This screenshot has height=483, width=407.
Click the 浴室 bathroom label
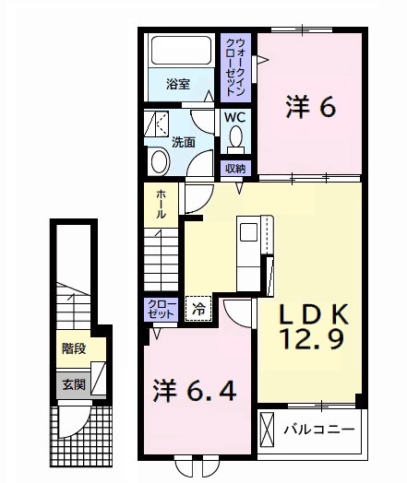click(x=178, y=84)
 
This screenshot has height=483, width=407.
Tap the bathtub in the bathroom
click(x=182, y=51)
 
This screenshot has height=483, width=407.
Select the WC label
click(x=235, y=117)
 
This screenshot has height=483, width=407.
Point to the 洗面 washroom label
click(x=183, y=142)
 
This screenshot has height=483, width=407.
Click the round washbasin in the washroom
click(x=160, y=161)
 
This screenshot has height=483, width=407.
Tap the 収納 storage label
click(x=235, y=169)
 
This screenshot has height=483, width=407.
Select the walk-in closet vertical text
click(x=235, y=67)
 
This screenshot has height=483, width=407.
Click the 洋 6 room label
click(x=310, y=107)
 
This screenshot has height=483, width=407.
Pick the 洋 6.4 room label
click(x=195, y=391)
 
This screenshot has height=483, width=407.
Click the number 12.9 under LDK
click(x=311, y=338)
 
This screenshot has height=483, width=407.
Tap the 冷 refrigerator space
click(x=198, y=309)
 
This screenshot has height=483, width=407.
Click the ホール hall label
click(x=161, y=204)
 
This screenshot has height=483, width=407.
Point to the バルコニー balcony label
click(x=319, y=430)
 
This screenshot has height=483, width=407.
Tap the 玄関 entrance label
click(x=74, y=384)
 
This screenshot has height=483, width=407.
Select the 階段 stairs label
click(x=74, y=348)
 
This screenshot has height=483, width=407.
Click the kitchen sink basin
click(x=248, y=232)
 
